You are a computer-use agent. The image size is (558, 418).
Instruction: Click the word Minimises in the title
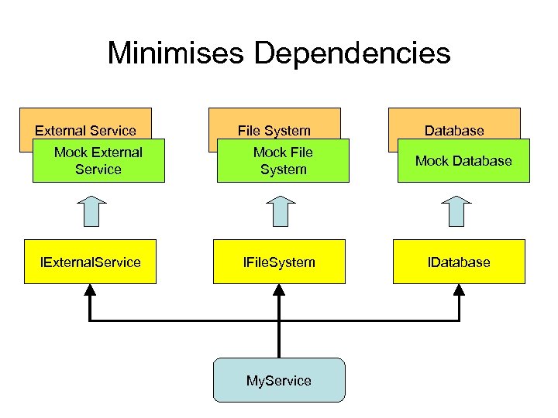[176, 53]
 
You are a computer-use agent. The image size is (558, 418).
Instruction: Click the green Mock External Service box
[98, 161]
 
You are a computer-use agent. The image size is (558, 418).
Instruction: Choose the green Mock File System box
[283, 161]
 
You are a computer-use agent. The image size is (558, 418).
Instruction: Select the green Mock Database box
[463, 161]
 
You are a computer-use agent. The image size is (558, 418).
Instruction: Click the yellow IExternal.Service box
[91, 262]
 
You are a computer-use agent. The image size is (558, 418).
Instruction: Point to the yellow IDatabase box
[459, 262]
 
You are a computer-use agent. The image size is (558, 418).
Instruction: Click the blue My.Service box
[278, 380]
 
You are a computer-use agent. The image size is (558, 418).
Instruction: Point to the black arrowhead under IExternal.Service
[90, 290]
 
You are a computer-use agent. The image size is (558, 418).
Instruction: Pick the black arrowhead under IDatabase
[459, 290]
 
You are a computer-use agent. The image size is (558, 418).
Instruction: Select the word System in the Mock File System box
[283, 170]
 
